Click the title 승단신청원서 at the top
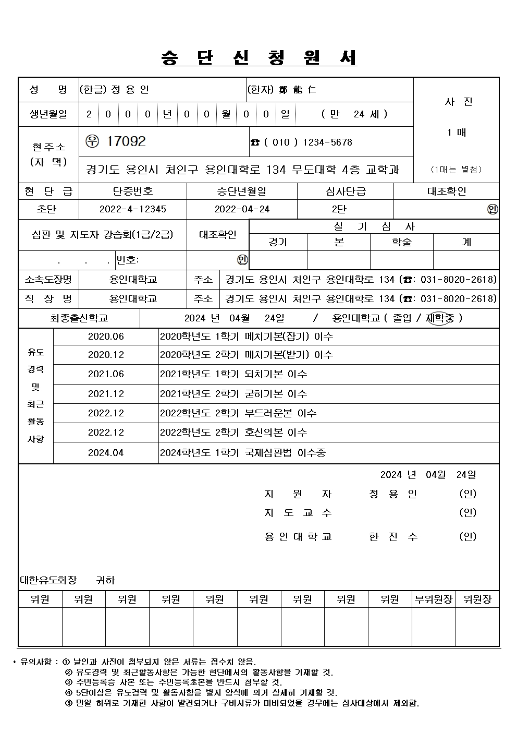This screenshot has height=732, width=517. click(x=258, y=58)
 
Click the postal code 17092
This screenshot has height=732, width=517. click(x=126, y=141)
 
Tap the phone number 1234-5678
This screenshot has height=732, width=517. click(x=327, y=142)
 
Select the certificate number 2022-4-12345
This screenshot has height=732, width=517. click(x=133, y=209)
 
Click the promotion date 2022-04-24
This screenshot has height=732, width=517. click(x=242, y=209)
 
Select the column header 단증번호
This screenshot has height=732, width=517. click(x=133, y=191)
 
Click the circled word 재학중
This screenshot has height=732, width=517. click(x=440, y=318)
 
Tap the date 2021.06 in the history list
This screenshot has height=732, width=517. click(x=106, y=374)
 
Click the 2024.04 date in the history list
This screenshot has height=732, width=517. click(x=106, y=453)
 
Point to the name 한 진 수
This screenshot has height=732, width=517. click(x=393, y=536)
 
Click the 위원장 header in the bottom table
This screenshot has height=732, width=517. click(x=477, y=599)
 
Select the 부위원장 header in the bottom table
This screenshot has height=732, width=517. click(x=434, y=599)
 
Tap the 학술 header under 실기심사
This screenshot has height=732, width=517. click(x=402, y=242)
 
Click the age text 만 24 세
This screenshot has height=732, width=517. click(x=354, y=114)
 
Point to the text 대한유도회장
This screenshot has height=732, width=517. click(x=48, y=580)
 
